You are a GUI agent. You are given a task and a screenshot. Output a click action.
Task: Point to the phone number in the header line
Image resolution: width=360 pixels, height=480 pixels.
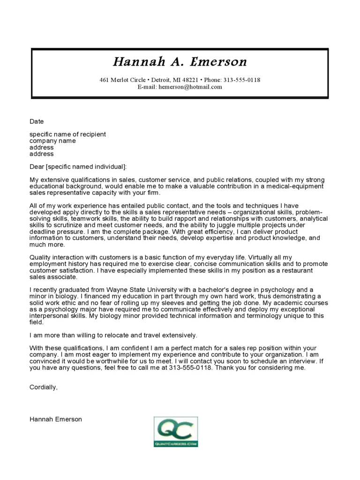242,80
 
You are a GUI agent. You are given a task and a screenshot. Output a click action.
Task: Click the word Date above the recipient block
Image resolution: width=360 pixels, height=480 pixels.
37,121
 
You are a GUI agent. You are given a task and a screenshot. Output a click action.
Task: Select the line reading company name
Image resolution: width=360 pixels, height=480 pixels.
52,141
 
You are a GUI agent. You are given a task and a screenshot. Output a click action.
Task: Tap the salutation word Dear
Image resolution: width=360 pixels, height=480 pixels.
37,166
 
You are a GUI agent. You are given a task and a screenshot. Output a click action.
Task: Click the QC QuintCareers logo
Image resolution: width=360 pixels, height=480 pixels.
176,431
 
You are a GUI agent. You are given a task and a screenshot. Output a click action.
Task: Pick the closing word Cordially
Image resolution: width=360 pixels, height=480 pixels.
43,387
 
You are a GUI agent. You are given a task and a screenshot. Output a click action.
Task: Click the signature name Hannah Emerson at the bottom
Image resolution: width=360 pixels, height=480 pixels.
55,419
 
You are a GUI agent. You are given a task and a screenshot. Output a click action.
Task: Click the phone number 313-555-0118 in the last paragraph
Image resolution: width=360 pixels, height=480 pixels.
192,367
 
